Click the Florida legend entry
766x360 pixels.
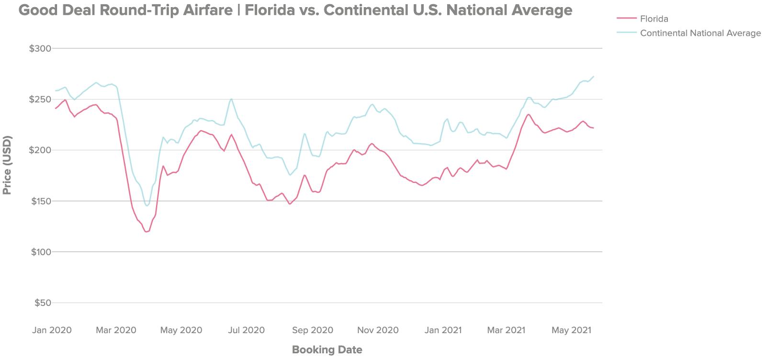[x=654, y=19]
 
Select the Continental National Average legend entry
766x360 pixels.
[x=700, y=33]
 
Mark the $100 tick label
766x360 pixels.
[x=41, y=252]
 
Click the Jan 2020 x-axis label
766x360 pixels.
[x=52, y=330]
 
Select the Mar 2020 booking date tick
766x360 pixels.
[x=116, y=330]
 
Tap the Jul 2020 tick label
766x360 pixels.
[x=246, y=330]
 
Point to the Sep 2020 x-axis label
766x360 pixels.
[x=313, y=330]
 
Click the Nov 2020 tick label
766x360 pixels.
[x=378, y=330]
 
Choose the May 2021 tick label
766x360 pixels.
[x=571, y=330]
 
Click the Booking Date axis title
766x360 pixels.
[x=327, y=349]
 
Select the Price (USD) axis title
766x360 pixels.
[x=7, y=165]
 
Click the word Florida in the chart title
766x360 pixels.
[x=269, y=10]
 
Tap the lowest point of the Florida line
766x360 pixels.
[x=146, y=232]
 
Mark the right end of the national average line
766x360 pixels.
[x=594, y=76]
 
